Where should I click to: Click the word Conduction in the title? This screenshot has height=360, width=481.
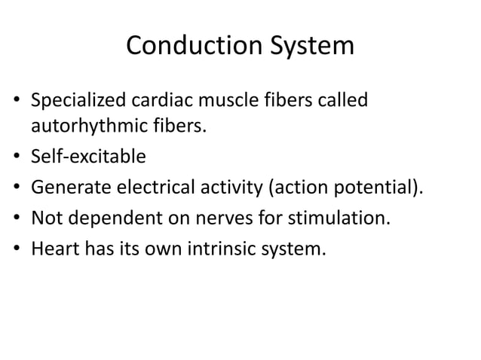(x=189, y=47)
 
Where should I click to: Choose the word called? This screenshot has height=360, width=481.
(x=348, y=100)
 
